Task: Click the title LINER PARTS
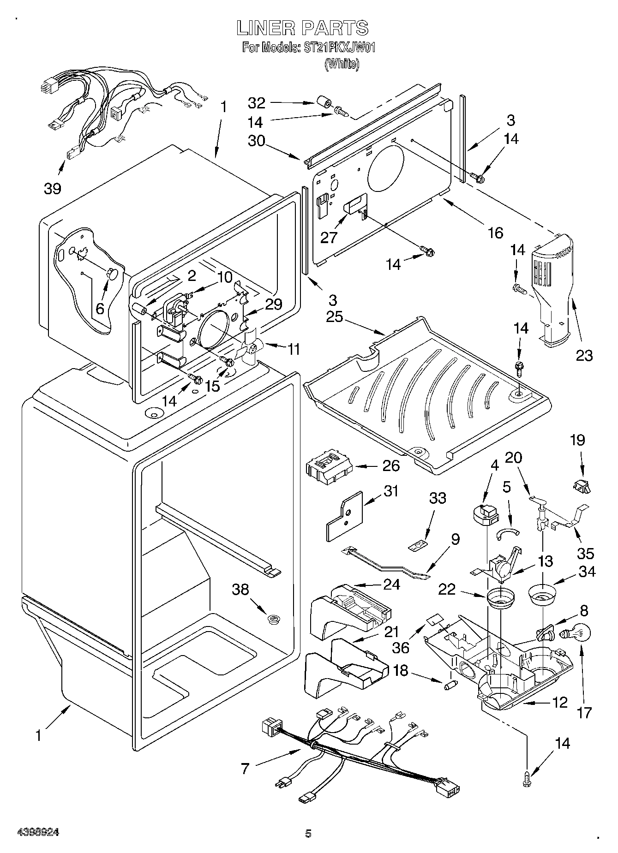point(302,28)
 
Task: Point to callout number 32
point(257,102)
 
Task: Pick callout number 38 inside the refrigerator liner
point(240,590)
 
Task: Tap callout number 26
point(390,466)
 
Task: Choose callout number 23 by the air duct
point(583,355)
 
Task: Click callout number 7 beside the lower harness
point(245,769)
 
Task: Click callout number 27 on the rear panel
point(329,237)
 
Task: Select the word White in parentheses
point(342,64)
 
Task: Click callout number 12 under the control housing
point(559,703)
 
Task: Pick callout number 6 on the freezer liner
point(100,308)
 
